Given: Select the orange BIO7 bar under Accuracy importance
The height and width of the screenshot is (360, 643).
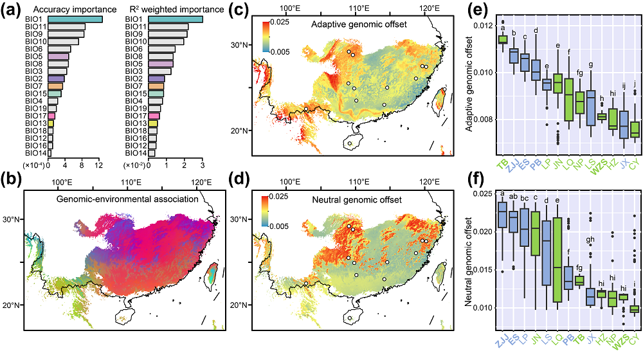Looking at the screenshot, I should tap(55, 85).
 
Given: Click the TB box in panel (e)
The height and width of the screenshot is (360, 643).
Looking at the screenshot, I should tap(503, 40).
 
